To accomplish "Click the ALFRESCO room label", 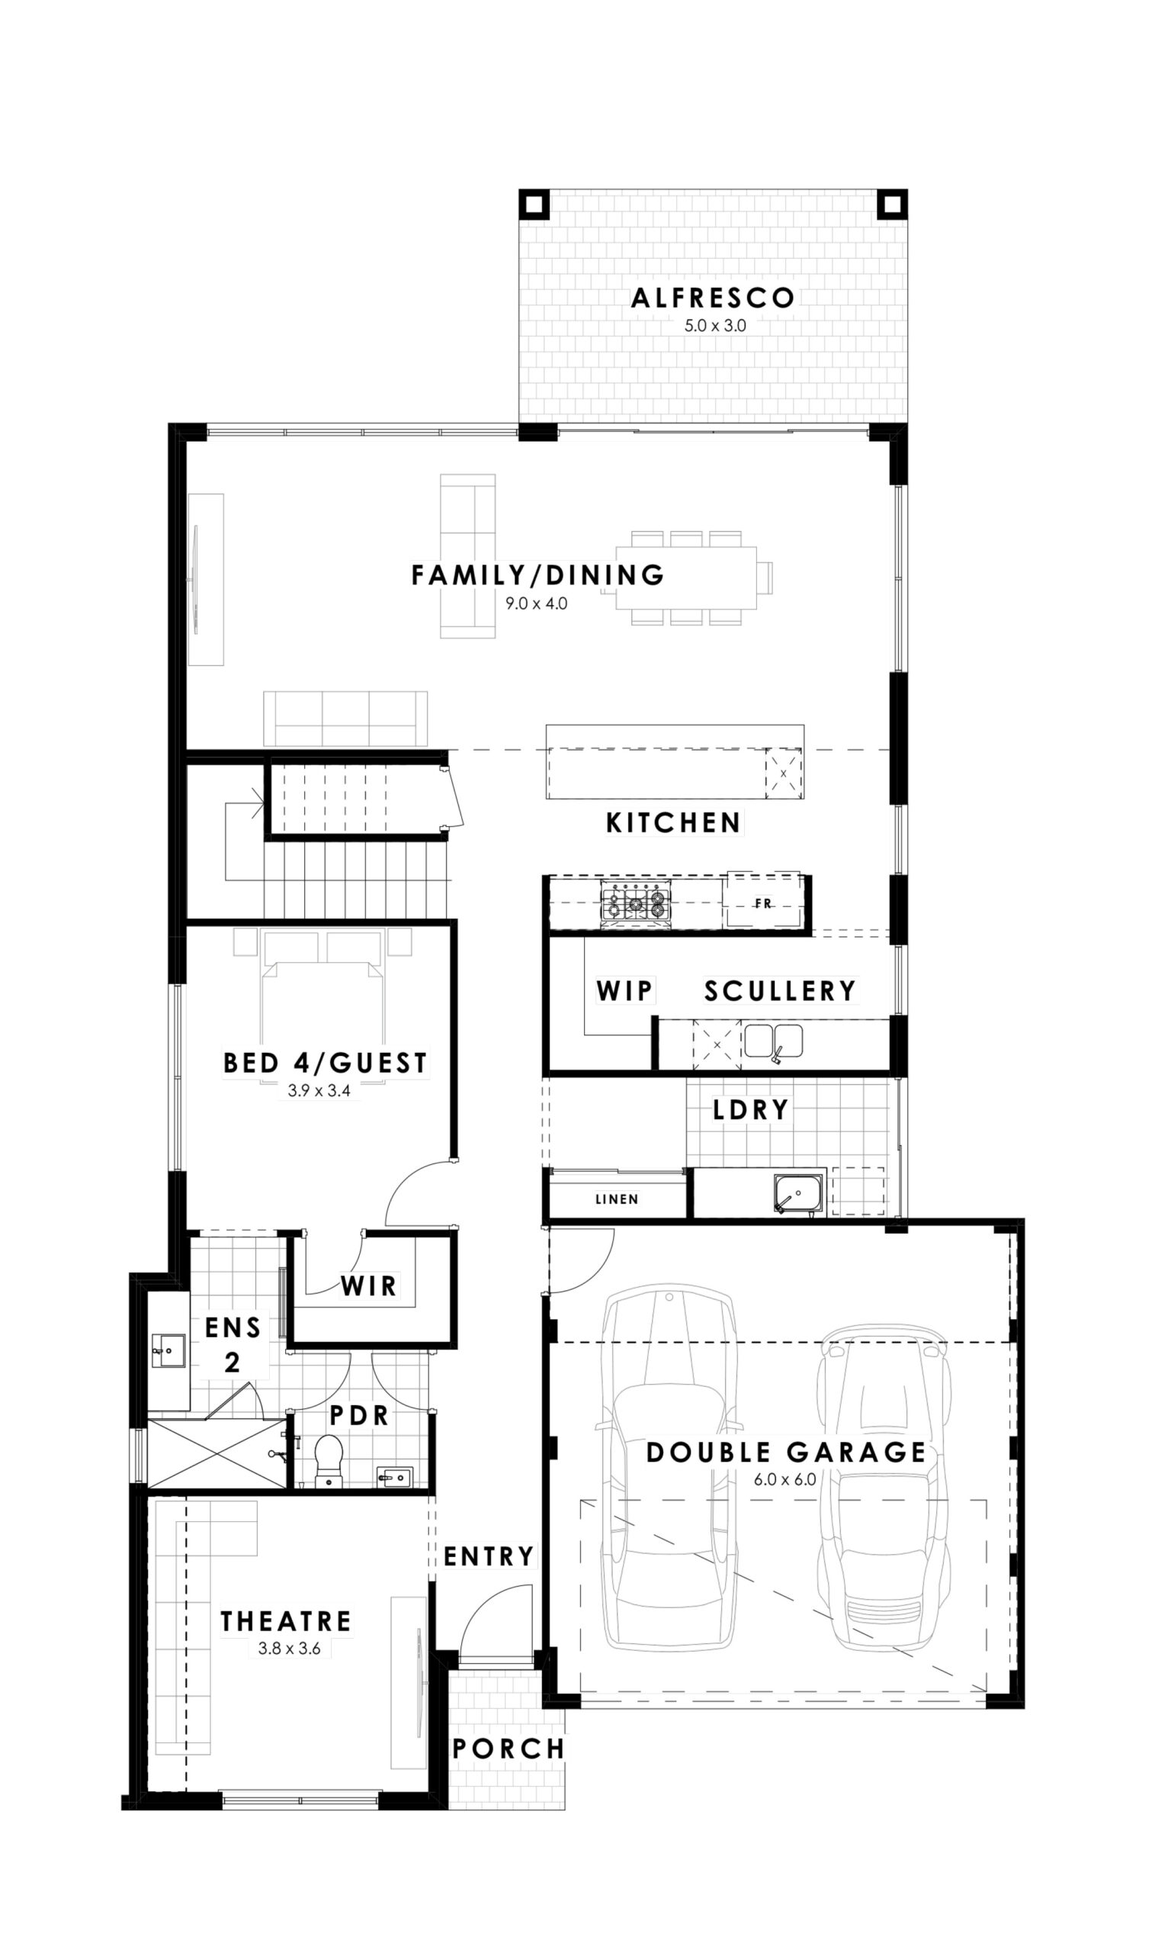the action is [x=713, y=298].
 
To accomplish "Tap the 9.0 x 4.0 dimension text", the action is [x=537, y=605].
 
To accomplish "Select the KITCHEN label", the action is [x=673, y=823].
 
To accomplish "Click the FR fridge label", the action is [x=763, y=904].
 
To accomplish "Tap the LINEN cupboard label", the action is [x=617, y=1200].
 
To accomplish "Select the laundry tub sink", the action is [x=798, y=1195].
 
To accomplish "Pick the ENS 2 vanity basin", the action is [x=168, y=1350].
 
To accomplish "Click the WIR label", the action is [x=368, y=1286].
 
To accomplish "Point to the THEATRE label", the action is [x=286, y=1622].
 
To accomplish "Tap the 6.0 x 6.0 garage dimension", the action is [x=784, y=1479].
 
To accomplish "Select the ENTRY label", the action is [x=489, y=1557].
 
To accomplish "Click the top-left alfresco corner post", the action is [x=534, y=204].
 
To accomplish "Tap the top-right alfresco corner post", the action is [x=893, y=204].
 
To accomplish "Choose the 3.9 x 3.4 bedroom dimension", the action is [x=319, y=1092].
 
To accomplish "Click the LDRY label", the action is [x=750, y=1111].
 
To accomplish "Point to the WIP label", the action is [x=624, y=991].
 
